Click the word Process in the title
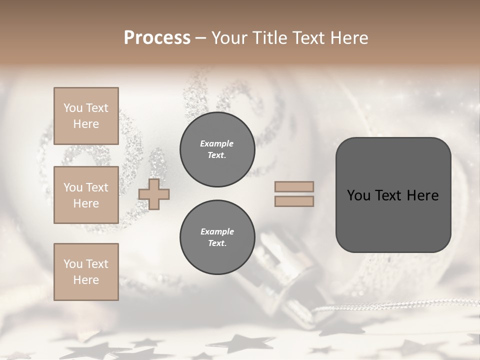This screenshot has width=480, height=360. pos(157,38)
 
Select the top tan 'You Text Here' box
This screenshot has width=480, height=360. pos(86,116)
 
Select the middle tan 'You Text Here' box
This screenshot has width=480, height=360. pos(86,195)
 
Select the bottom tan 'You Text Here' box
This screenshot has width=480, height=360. pos(86,272)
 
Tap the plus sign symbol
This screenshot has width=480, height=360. pos(154,194)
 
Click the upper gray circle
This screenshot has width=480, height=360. pos(217,149)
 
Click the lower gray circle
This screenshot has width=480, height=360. pos(217,237)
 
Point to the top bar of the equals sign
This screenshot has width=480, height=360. pos(294,187)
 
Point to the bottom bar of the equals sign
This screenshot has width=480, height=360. pos(294,201)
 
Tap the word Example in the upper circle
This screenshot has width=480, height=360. pos(217,144)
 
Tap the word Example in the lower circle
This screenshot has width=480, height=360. pos(217,232)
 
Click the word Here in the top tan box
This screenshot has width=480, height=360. pos(86,124)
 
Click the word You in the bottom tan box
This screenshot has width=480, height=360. pos(73,264)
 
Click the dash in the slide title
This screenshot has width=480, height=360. pos(201,38)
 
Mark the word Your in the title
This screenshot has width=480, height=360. pos(229,38)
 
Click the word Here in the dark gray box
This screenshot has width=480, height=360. pos(422,195)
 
